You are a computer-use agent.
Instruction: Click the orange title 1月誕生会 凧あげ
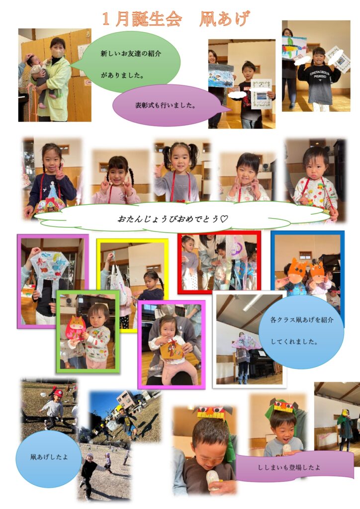(176, 19)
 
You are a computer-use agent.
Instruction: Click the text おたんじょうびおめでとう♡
(173, 219)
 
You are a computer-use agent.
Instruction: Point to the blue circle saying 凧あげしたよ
(49, 458)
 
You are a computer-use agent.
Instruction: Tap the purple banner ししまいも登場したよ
(294, 467)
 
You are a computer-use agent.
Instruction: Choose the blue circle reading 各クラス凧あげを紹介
(301, 331)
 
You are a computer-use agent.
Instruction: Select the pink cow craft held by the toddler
(75, 327)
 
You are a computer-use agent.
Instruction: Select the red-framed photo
(219, 262)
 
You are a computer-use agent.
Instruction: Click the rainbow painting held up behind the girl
(294, 47)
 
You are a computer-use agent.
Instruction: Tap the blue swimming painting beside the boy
(221, 77)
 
